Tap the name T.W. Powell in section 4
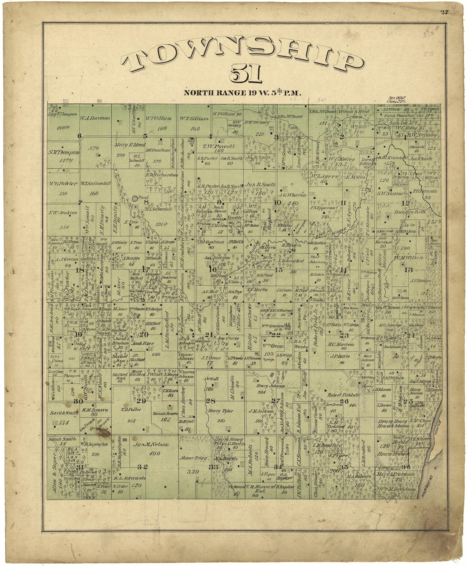[218, 146]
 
